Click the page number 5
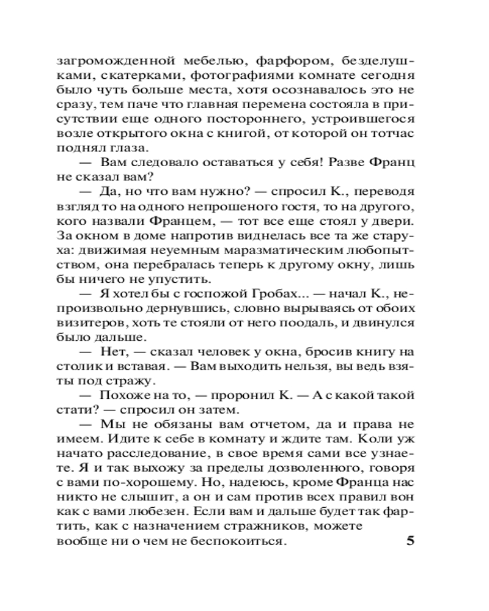pyautogui.click(x=410, y=541)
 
